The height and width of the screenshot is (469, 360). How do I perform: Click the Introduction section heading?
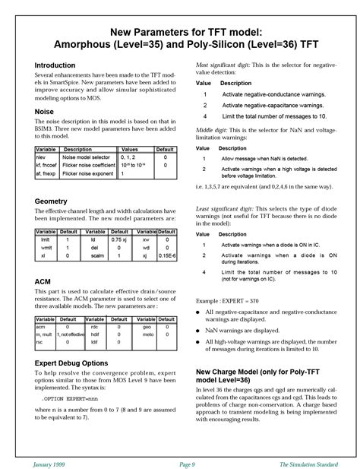tap(55, 66)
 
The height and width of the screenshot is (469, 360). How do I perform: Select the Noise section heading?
tap(43, 112)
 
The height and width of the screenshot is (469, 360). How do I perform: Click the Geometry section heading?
tap(51, 201)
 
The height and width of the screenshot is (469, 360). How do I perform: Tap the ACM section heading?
tap(43, 281)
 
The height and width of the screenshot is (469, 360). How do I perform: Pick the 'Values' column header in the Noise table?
tap(130, 150)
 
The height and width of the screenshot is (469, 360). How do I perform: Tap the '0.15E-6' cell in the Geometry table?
tap(166, 256)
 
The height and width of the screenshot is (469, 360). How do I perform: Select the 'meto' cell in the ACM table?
tap(148, 334)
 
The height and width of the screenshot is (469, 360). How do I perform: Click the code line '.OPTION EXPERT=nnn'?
tap(71, 398)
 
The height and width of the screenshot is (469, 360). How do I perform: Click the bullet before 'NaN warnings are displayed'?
tap(199, 331)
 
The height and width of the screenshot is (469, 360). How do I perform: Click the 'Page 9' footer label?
tap(188, 463)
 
